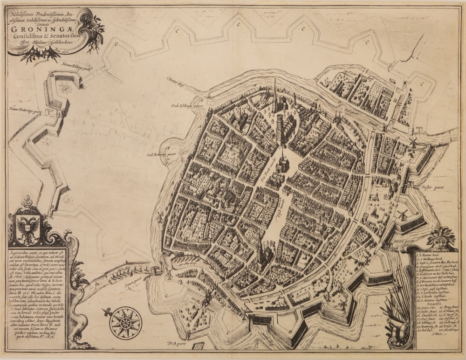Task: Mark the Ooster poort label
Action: (x=431, y=187)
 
